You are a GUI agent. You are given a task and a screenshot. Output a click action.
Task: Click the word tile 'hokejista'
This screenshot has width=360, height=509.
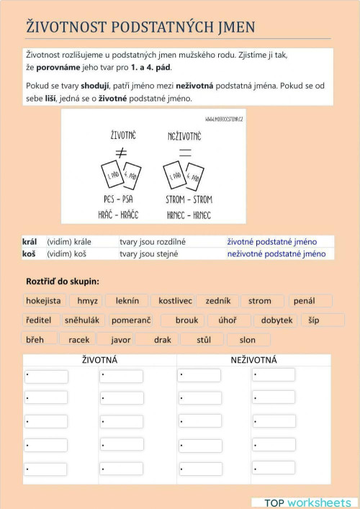click(x=44, y=301)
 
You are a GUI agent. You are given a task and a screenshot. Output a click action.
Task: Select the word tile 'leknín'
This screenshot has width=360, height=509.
click(x=127, y=301)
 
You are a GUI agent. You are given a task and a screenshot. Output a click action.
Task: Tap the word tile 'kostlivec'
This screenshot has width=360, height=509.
click(x=175, y=301)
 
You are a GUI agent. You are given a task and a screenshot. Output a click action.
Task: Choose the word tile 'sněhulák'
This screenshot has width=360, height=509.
click(x=82, y=320)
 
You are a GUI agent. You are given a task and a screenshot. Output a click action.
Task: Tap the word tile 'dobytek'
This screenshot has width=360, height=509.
click(x=276, y=320)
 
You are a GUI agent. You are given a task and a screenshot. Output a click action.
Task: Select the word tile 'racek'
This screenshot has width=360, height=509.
click(x=78, y=340)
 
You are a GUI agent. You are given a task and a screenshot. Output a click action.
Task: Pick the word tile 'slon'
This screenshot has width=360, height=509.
click(x=247, y=340)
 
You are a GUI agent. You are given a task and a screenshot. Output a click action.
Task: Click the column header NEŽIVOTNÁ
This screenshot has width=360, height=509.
click(x=253, y=359)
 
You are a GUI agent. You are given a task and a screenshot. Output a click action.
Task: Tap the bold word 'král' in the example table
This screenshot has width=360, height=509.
click(x=30, y=242)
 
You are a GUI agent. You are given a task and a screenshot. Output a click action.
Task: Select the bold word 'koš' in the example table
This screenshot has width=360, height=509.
click(x=30, y=253)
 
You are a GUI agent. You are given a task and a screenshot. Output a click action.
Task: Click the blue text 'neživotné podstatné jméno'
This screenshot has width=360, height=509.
click(x=276, y=253)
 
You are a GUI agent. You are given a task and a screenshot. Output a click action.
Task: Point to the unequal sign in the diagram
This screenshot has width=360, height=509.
click(x=121, y=153)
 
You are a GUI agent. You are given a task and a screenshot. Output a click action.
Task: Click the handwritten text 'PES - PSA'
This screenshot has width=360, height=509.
click(x=118, y=197)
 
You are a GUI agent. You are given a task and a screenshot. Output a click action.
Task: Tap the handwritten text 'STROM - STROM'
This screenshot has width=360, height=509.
click(x=189, y=197)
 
